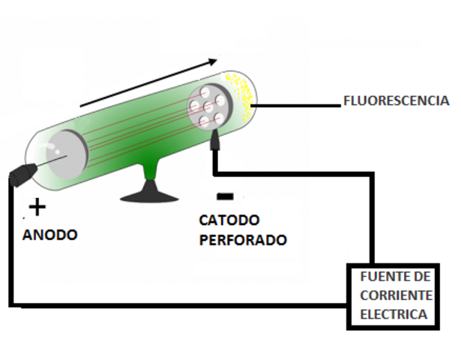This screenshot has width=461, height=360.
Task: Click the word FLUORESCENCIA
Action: coord(396,100)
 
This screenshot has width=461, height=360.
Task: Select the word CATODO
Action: coord(229,221)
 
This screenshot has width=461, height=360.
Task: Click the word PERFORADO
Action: coord(242,241)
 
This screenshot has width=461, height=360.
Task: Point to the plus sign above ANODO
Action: coord(37,207)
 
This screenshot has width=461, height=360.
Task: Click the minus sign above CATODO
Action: coord(225,196)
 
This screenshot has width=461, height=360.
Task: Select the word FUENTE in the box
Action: coord(379,277)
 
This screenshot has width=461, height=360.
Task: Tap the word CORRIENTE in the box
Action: coord(395,295)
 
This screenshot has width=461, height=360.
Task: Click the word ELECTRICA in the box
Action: coord(394,314)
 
